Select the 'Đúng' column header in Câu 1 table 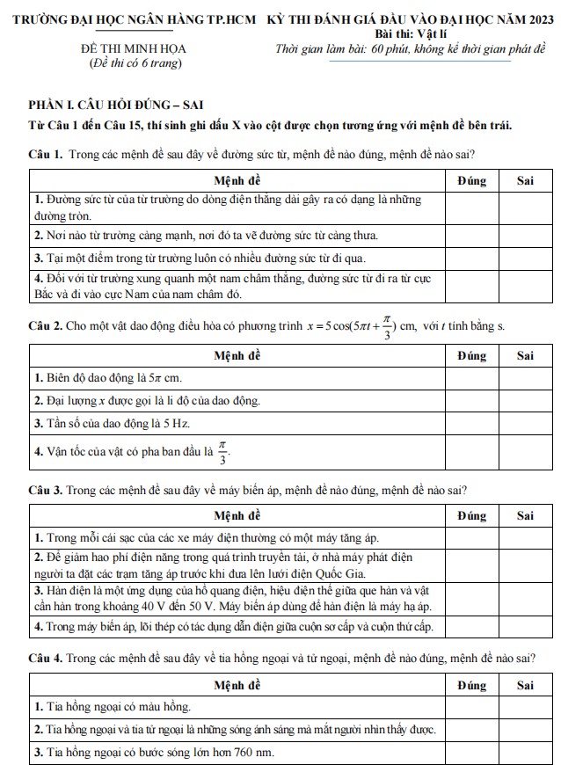pos(471,179)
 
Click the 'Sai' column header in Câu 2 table pos(526,355)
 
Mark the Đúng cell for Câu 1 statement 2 pos(471,236)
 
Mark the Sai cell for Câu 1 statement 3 pos(526,258)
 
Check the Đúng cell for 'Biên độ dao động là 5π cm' pos(471,378)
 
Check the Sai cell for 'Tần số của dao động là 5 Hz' pos(526,423)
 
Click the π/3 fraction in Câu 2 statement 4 pos(222,453)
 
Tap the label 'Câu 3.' pos(45,490)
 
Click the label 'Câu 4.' pos(45,657)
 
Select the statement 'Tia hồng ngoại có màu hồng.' pos(113,706)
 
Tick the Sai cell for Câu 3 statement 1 pos(526,537)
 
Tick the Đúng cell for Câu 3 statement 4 pos(471,627)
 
